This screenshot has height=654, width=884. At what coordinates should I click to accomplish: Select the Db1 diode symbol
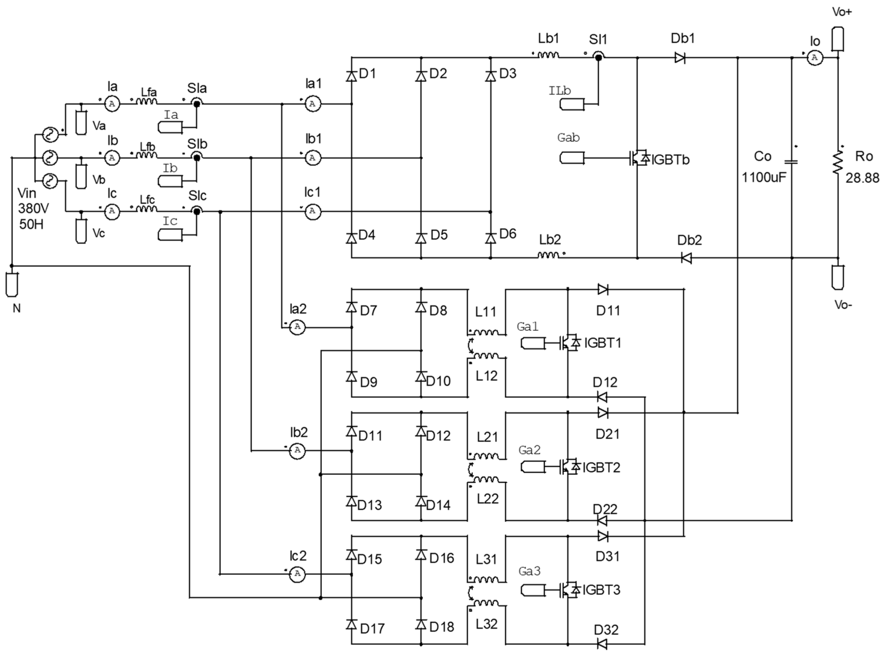680,58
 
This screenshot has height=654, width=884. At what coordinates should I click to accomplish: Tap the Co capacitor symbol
791,162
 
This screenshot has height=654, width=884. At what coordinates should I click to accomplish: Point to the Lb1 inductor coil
548,56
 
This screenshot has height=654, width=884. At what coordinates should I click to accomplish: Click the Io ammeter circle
814,58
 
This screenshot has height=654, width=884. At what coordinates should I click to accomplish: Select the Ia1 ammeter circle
313,104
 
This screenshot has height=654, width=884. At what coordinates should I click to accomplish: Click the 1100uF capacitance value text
764,177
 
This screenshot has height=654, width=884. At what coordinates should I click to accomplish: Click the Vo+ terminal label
842,12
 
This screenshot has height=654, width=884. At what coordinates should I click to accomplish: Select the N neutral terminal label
16,308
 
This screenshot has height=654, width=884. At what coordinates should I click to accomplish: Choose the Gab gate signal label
568,138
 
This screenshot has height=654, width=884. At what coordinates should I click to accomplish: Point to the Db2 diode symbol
686,258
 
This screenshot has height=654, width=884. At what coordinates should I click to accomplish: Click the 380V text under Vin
33,208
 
